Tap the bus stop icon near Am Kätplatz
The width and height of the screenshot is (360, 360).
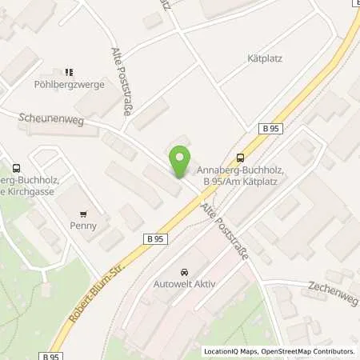pyautogui.click(x=240, y=158)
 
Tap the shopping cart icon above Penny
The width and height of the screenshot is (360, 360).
pyautogui.click(x=83, y=214)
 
